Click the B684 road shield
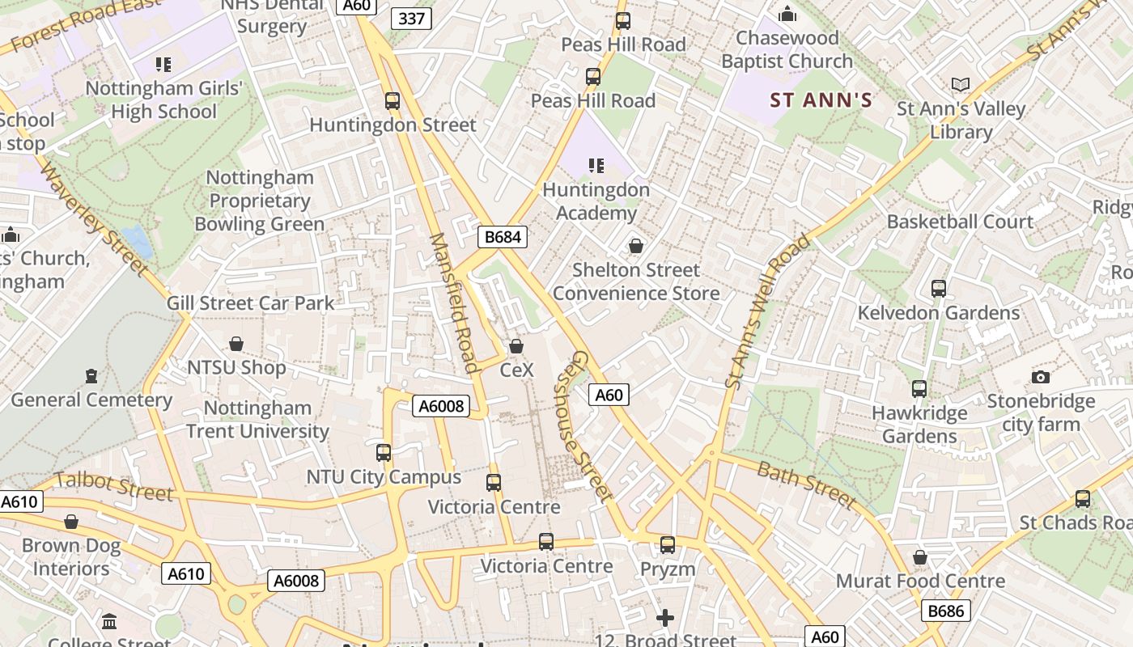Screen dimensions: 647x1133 [503, 237]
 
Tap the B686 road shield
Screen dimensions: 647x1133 [945, 611]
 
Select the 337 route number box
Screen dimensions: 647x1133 [411, 19]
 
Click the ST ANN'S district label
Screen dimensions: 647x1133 [821, 100]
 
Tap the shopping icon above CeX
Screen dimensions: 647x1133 [516, 346]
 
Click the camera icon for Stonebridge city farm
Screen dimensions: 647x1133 [1041, 377]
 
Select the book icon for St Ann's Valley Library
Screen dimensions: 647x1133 [961, 85]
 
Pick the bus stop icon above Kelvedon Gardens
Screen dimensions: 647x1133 [939, 289]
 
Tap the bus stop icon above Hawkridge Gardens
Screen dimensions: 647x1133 [919, 389]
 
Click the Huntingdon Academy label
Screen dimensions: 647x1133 [596, 201]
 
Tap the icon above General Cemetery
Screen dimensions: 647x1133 [91, 376]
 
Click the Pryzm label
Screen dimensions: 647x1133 [668, 569]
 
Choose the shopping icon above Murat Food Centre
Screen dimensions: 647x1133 [919, 557]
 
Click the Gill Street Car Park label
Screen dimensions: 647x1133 [250, 303]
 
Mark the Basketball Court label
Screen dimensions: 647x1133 [960, 222]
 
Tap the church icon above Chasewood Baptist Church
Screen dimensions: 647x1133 [787, 14]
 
